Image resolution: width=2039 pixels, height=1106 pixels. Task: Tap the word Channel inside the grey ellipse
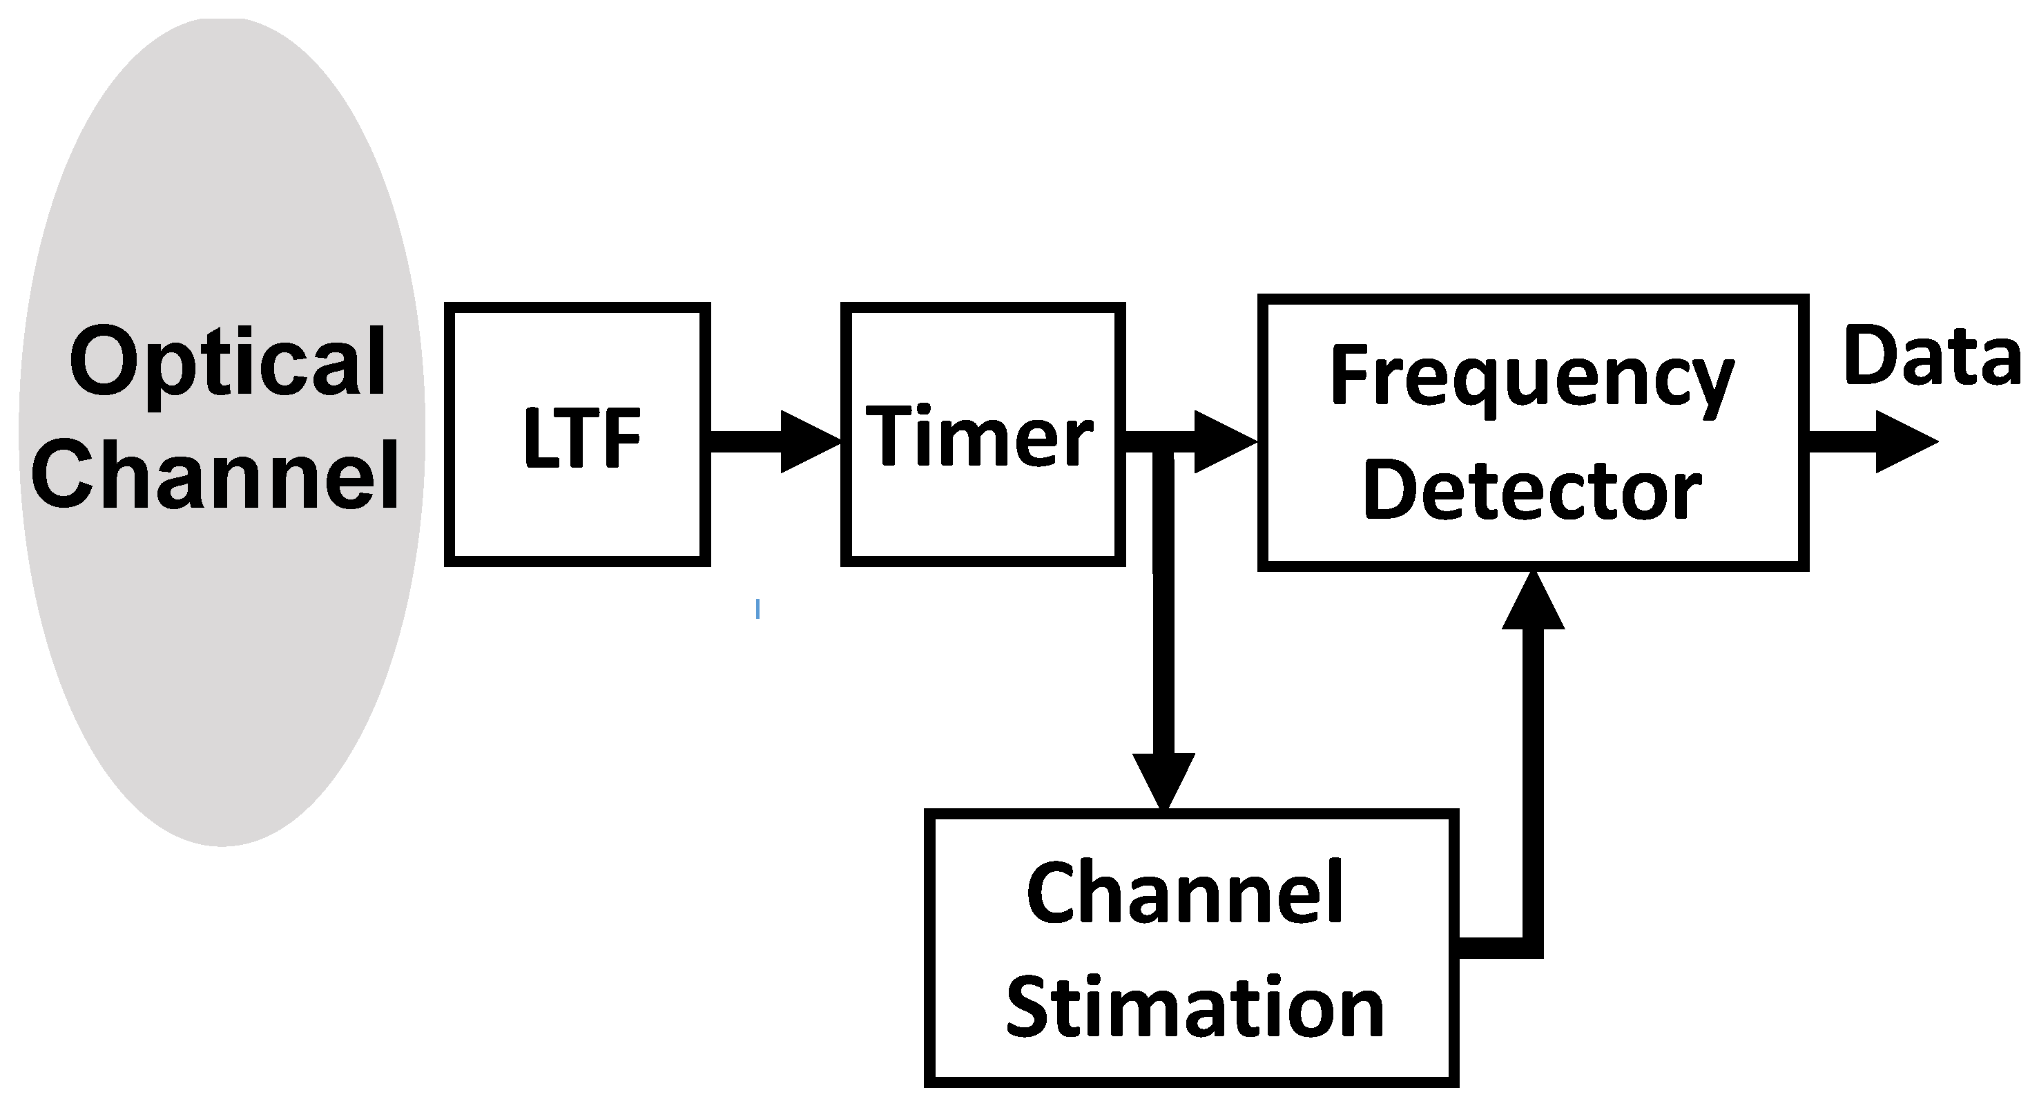(x=215, y=477)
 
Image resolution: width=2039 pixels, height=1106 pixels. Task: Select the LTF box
(x=578, y=435)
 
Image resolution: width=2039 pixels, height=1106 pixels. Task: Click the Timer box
(x=983, y=435)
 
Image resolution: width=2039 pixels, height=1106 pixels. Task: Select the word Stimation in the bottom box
(x=1195, y=1007)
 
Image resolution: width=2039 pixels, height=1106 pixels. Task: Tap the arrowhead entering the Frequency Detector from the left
(x=1224, y=441)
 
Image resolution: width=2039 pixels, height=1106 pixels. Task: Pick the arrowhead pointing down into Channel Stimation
(x=1163, y=780)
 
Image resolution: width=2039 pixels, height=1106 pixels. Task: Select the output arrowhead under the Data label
(x=1906, y=441)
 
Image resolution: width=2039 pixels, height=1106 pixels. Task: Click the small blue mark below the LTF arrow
(x=757, y=609)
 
